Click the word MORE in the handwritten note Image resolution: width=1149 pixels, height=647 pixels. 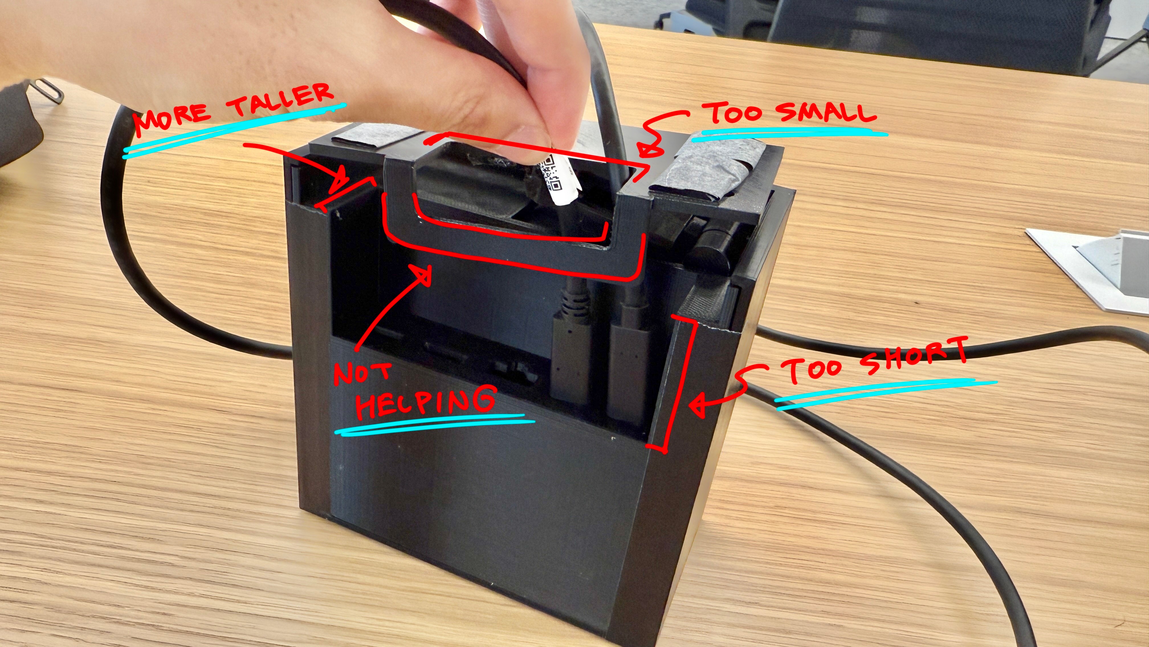pos(172,119)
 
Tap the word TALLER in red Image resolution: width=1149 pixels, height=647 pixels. pos(280,100)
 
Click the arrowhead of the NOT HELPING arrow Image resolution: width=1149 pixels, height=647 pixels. pos(421,274)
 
